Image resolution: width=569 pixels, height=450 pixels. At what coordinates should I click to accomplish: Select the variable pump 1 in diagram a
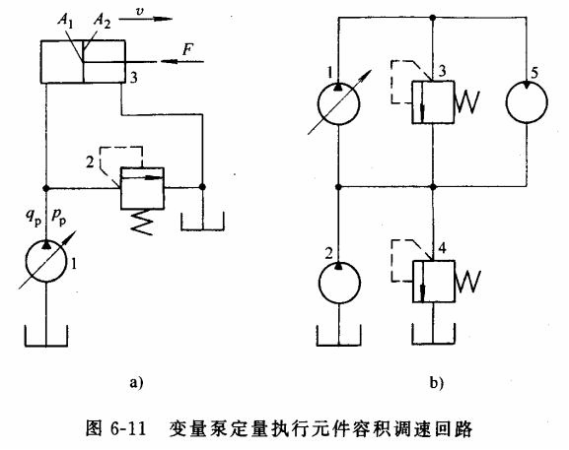(x=44, y=266)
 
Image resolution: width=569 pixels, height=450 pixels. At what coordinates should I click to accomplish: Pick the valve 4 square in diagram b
(x=434, y=282)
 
